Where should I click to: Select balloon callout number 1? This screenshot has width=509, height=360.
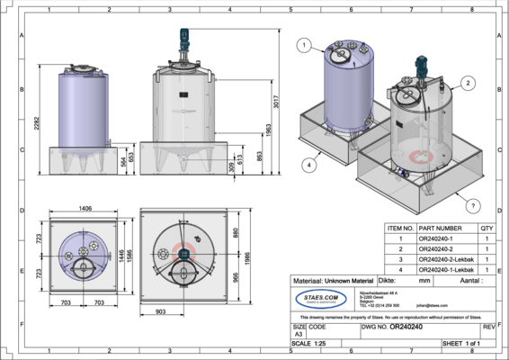coord(304,46)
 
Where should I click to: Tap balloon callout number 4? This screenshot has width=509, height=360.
coord(308,165)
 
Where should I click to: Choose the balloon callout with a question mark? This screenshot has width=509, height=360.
coord(473,204)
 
